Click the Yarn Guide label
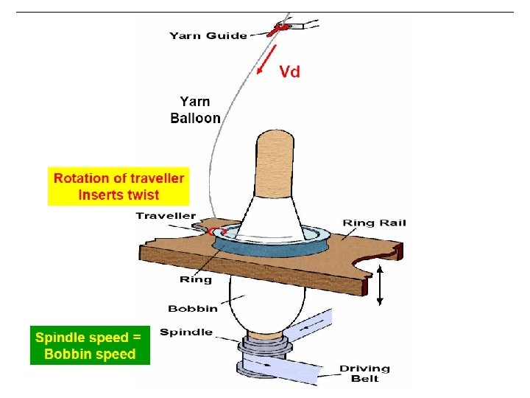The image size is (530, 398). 208,35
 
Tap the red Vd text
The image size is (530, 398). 289,71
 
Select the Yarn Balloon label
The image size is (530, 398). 195,110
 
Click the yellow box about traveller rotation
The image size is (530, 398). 119,186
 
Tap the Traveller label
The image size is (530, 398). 166,216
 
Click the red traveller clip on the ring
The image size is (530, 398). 215,231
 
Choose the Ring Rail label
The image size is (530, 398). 374,223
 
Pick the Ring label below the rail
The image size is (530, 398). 196,279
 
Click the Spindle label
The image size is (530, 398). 186,332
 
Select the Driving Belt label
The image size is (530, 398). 364,374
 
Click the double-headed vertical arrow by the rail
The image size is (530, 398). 380,287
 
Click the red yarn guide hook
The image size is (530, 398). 280,28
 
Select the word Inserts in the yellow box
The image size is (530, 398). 102,195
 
